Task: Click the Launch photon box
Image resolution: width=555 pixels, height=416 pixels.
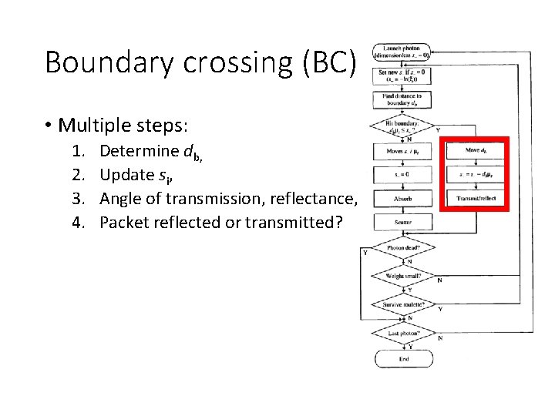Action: point(402,52)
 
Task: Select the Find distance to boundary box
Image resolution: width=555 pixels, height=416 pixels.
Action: point(402,99)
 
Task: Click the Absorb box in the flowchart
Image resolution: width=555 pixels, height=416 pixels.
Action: point(402,199)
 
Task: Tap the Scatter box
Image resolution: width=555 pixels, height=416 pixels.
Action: point(402,223)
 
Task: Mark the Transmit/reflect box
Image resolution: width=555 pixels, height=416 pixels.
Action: point(476,199)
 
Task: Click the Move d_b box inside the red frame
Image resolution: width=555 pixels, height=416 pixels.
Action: point(476,150)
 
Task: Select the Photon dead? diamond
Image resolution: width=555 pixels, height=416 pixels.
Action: point(402,249)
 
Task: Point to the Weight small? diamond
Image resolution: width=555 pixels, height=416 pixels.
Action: point(402,275)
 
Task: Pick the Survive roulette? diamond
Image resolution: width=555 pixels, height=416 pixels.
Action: point(402,305)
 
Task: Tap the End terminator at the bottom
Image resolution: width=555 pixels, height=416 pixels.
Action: point(403,359)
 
